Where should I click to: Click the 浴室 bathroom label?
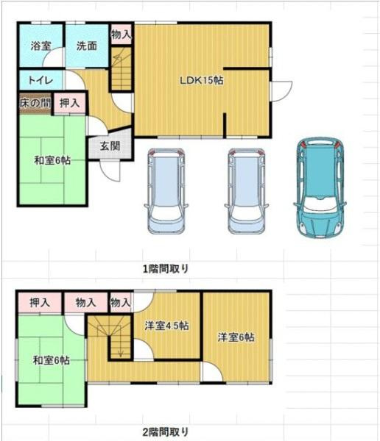[x=41, y=46]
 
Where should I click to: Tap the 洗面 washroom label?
[x=86, y=46]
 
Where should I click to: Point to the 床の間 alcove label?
[x=35, y=103]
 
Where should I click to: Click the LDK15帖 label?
[x=201, y=81]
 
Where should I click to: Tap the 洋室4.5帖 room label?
[x=166, y=326]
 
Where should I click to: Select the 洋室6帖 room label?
[x=236, y=337]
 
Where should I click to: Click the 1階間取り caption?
[x=165, y=268]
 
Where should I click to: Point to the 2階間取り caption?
[x=165, y=431]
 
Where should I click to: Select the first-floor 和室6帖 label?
[x=52, y=160]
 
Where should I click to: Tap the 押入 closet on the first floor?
[x=71, y=104]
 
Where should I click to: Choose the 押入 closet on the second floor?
[x=41, y=302]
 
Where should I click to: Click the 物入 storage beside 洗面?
[x=121, y=34]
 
